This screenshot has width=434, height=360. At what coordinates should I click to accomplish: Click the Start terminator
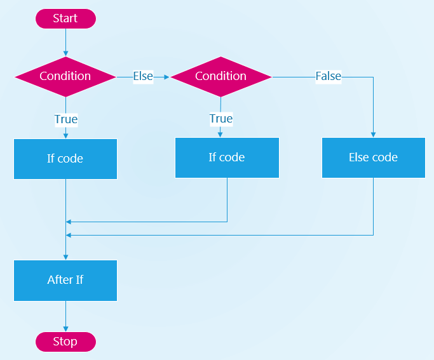65,18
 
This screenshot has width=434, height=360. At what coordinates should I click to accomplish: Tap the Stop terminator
65,342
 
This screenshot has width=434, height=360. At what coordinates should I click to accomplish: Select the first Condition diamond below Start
65,77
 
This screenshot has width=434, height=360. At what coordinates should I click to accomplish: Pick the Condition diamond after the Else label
221,77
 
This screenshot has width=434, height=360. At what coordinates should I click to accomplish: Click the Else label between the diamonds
143,76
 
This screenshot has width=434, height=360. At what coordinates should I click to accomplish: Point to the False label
329,76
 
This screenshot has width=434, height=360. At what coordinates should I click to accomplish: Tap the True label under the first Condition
66,119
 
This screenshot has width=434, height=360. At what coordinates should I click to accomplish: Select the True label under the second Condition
221,119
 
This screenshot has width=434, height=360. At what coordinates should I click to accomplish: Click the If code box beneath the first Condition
65,159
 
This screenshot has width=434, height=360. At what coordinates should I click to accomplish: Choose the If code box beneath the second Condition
227,157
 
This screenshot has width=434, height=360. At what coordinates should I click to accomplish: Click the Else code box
374,157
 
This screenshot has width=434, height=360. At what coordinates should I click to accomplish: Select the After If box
65,281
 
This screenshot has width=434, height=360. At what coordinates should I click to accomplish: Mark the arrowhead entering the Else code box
373,135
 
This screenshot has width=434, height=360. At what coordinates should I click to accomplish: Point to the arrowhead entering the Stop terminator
65,329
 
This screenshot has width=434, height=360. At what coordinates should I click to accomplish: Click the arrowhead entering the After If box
65,257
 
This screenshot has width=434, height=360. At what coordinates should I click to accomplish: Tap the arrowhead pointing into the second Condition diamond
166,77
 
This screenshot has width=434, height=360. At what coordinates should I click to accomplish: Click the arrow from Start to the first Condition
65,43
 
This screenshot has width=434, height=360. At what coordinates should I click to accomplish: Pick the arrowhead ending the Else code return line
69,235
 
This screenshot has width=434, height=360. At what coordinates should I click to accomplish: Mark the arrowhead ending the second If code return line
69,222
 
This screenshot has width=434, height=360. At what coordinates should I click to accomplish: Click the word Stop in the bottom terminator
65,342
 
